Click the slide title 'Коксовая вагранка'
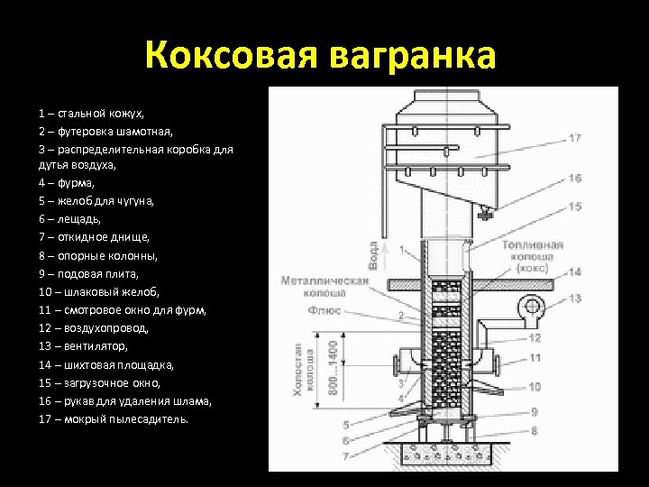(320, 56)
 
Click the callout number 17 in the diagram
(574, 138)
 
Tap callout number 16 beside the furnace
(574, 179)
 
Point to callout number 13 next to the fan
(574, 298)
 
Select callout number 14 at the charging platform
(574, 271)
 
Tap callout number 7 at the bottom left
(346, 457)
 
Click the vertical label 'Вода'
(372, 254)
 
